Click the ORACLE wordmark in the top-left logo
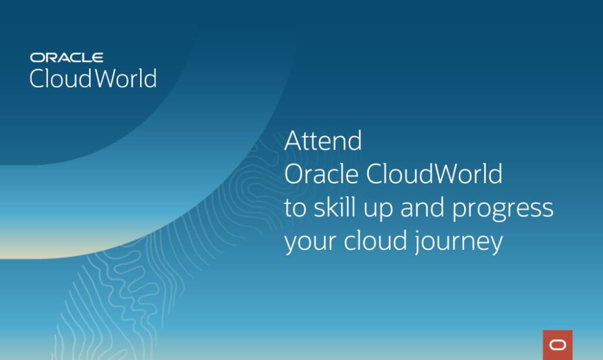(x=67, y=57)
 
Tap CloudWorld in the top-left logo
(x=93, y=78)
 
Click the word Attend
(x=323, y=141)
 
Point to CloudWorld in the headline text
(x=435, y=174)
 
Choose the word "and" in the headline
(x=419, y=208)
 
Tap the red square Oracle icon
(x=558, y=345)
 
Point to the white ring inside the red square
(x=558, y=345)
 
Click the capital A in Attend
(x=294, y=141)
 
